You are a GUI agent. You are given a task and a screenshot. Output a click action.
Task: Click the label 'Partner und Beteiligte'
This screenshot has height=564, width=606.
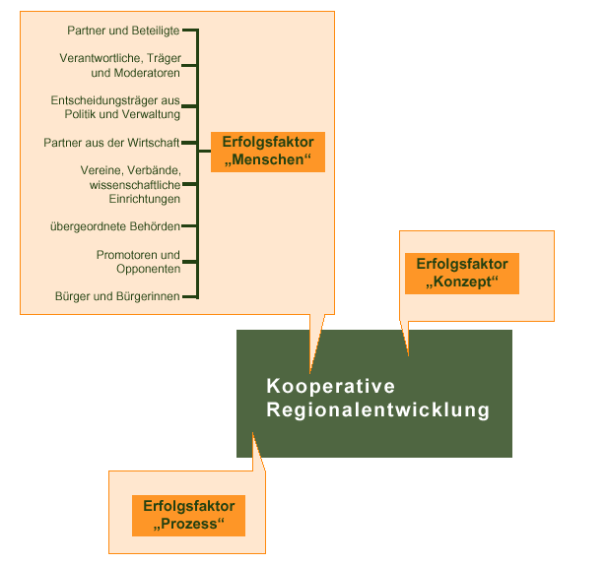point(123,31)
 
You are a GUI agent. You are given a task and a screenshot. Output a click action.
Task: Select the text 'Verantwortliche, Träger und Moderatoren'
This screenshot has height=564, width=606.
point(120,65)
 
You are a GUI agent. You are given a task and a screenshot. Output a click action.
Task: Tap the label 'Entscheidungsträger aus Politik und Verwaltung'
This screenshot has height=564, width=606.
point(115,107)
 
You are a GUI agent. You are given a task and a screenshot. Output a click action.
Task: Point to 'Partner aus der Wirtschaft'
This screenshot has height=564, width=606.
point(111,143)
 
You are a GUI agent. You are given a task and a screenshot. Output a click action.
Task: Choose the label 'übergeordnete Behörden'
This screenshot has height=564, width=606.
point(115,226)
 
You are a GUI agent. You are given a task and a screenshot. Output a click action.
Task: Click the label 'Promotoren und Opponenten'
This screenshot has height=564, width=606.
point(138,262)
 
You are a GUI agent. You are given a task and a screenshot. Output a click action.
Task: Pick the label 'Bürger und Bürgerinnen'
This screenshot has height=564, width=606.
point(117,296)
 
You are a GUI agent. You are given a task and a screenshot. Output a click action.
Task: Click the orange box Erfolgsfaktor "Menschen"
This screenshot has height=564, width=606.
point(268,152)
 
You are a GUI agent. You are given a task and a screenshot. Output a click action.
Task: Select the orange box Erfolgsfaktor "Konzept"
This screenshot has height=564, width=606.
point(462,274)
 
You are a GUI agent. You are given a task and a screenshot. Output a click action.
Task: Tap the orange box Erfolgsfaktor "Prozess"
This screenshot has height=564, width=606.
point(188,516)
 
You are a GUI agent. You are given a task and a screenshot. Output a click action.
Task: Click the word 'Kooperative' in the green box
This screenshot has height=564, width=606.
point(331,386)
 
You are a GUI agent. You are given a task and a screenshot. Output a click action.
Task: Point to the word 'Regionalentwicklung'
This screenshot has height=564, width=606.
point(378,409)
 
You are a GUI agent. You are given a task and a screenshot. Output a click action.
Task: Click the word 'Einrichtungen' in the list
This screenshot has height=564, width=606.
point(145,199)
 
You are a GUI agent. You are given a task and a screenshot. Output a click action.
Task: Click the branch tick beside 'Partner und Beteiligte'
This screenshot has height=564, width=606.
point(190,30)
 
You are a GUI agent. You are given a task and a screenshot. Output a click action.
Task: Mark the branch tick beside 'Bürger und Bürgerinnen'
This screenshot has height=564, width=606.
point(190,297)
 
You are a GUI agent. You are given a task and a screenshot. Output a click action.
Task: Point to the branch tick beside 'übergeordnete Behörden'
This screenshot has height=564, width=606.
point(189,226)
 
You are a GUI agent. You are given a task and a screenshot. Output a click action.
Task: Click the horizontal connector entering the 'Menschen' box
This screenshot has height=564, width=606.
point(204,151)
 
